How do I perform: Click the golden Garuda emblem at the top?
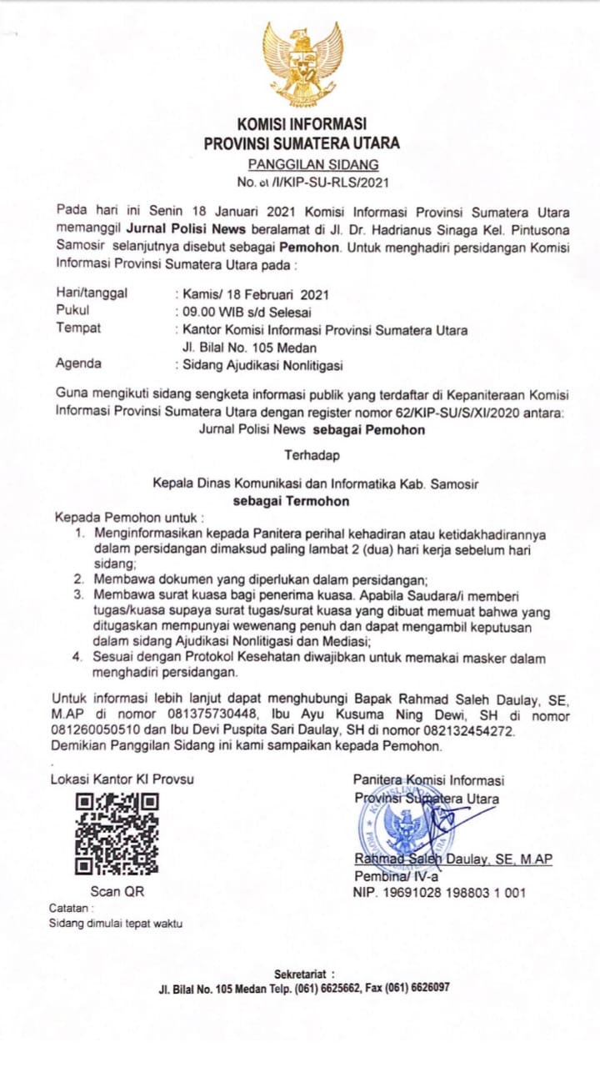[x=302, y=64]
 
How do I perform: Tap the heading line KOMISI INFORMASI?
[x=302, y=124]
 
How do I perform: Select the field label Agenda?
[x=78, y=363]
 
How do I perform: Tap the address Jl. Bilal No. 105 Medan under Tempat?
[x=249, y=347]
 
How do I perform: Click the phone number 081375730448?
[x=207, y=716]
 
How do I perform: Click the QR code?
[x=117, y=833]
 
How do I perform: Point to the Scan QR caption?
[x=117, y=891]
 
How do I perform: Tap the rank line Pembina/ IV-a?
[x=397, y=876]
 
